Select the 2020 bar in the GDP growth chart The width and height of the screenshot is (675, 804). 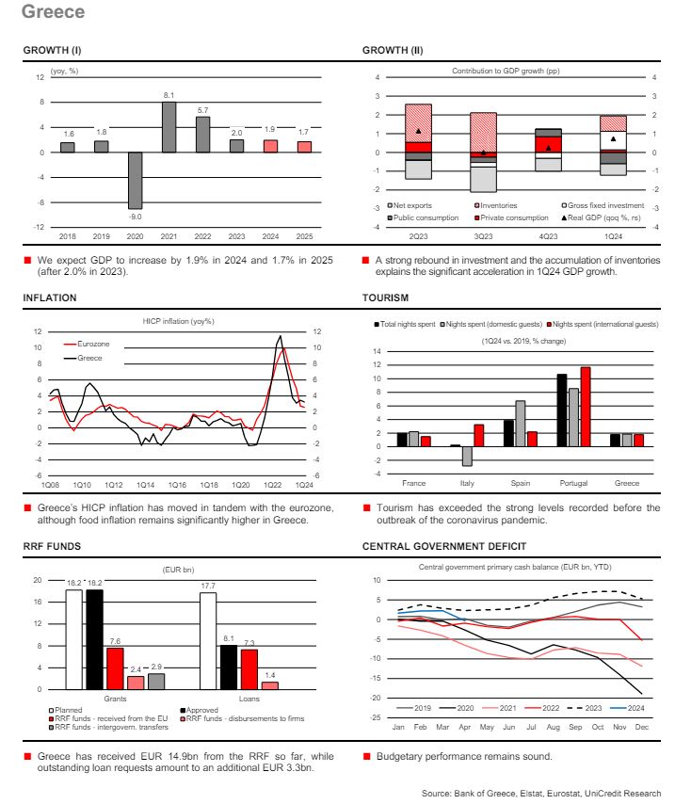[x=135, y=180]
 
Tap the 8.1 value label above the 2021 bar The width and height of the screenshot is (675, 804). [x=169, y=95]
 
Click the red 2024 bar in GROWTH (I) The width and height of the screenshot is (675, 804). [x=270, y=145]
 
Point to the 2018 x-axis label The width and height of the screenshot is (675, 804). [x=68, y=234]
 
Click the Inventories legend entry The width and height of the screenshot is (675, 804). [x=493, y=205]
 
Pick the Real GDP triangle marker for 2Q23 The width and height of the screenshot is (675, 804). [x=417, y=131]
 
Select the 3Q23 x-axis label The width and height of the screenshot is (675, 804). [x=483, y=235]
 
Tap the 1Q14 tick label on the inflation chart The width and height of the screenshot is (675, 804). [x=146, y=484]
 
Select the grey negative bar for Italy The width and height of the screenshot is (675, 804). [x=467, y=456]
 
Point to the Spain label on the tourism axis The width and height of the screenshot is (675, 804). [x=520, y=483]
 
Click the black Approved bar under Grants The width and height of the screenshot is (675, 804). [x=94, y=639]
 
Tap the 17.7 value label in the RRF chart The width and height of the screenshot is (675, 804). [x=207, y=585]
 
